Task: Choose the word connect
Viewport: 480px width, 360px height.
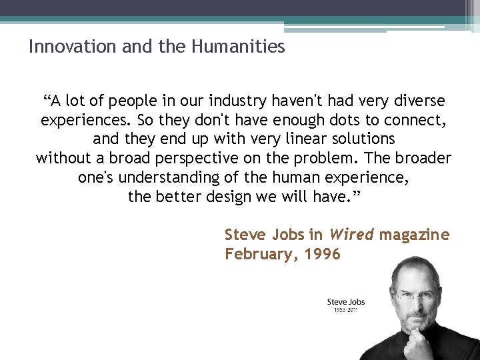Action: [411, 121]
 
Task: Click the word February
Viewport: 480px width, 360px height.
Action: [256, 254]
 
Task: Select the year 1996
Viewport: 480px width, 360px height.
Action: [323, 254]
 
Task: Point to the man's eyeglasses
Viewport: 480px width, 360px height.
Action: [417, 292]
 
